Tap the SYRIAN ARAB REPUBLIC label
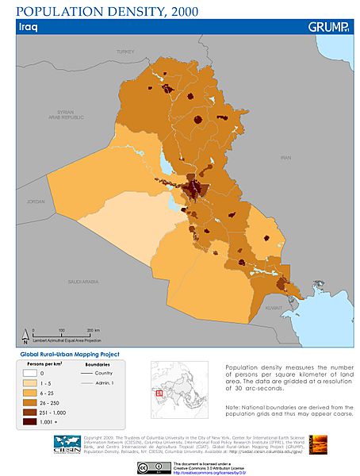(x=59, y=114)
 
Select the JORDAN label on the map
(x=36, y=202)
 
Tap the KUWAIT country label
(x=274, y=306)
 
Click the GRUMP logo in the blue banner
(x=327, y=27)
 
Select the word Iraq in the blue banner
(x=29, y=27)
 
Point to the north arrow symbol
(x=25, y=334)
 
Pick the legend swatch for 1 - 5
(x=33, y=382)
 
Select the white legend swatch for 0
(x=33, y=372)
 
